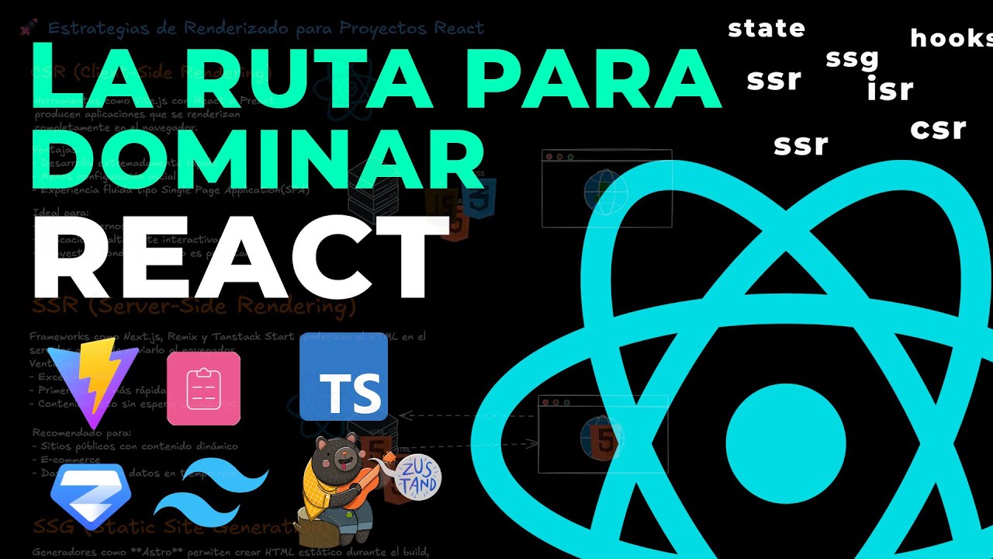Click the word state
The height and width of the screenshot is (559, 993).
point(766,29)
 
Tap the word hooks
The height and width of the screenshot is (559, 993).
point(951,37)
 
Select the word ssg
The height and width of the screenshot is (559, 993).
point(852,58)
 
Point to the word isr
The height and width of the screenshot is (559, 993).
point(890,90)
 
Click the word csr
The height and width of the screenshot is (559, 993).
point(938,128)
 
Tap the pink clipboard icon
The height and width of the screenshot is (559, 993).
point(203,389)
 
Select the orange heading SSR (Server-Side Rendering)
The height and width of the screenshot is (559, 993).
point(194,307)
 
